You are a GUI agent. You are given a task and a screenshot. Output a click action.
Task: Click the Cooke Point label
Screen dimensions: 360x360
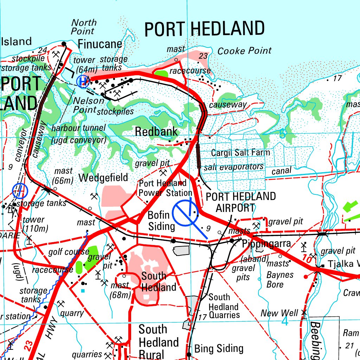(244, 51)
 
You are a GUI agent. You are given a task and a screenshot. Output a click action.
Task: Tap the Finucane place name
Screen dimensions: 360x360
(100, 44)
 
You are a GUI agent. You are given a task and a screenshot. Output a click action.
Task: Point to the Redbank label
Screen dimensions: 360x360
(156, 132)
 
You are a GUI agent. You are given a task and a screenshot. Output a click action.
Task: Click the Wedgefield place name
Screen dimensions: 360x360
(103, 178)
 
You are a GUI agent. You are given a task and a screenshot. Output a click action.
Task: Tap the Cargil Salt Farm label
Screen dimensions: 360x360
(240, 153)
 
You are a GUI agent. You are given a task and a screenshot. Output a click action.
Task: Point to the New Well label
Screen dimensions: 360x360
(279, 313)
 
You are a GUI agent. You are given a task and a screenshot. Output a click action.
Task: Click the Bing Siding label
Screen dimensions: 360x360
(219, 348)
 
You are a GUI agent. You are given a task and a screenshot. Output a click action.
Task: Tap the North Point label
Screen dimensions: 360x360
(84, 27)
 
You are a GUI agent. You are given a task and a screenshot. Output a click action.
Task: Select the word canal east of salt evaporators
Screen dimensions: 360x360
(281, 171)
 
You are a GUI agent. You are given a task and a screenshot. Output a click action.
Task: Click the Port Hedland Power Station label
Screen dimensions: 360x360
(165, 188)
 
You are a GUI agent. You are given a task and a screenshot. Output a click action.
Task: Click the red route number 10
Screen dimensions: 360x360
(307, 260)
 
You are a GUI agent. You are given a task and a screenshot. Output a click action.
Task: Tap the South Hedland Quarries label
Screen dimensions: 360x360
(224, 306)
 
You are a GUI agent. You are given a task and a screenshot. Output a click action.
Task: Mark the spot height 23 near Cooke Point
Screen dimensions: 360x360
(203, 56)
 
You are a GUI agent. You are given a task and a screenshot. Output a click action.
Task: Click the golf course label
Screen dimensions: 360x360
(69, 252)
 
